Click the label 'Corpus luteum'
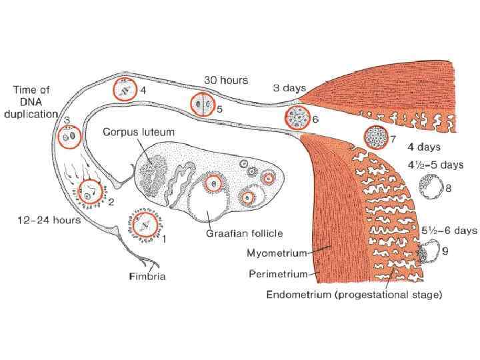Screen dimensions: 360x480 point(139,132)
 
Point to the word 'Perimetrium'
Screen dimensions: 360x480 point(278,273)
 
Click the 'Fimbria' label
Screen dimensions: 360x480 point(147,276)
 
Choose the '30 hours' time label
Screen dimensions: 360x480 point(226,80)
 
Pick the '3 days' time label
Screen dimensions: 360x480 point(289,88)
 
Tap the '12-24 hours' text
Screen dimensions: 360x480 point(49,220)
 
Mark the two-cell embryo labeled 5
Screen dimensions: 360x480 point(203,105)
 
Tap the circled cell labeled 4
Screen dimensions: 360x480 point(124,89)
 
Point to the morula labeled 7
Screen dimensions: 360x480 point(375,138)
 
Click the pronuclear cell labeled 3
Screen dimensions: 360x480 point(69,137)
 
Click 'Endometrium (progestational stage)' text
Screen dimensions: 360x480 point(354,294)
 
